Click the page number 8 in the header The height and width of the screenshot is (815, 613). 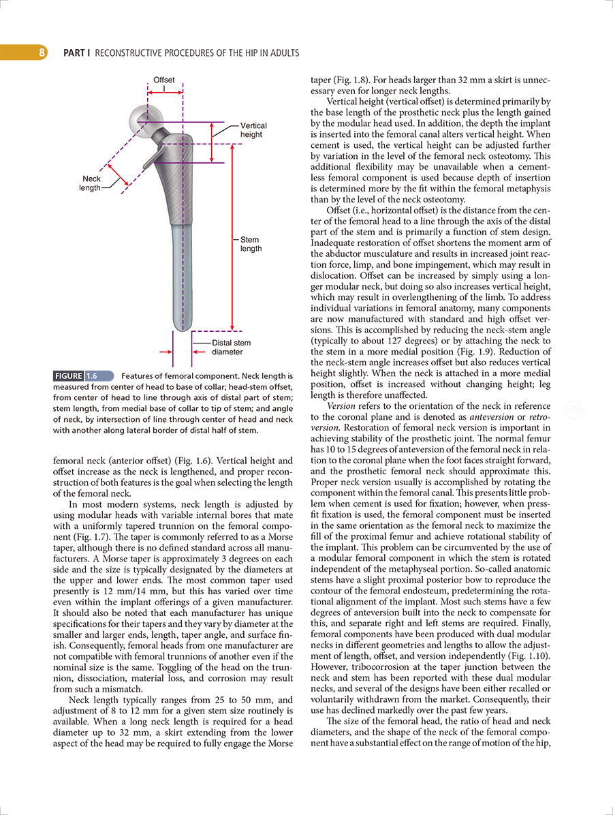click(42, 52)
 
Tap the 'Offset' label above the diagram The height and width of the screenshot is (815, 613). click(163, 80)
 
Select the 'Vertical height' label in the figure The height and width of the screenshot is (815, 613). click(253, 130)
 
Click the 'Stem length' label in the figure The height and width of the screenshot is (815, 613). click(251, 245)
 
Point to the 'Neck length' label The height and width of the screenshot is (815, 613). click(90, 183)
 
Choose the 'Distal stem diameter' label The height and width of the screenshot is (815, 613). click(231, 348)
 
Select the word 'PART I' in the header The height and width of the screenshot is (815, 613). click(76, 52)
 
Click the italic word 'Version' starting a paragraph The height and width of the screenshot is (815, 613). click(341, 405)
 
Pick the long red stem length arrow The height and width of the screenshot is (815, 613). click(234, 239)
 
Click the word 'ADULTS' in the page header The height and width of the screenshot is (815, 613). click(282, 52)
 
